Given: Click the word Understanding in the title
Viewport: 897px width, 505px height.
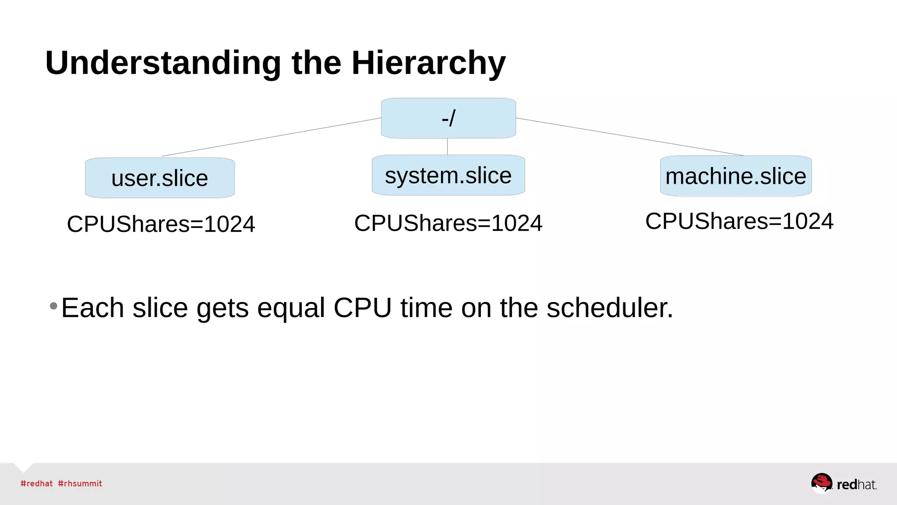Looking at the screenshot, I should [x=163, y=63].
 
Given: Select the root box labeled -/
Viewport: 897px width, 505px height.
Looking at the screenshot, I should [x=448, y=118].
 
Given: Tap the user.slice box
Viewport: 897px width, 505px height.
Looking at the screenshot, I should [x=160, y=178].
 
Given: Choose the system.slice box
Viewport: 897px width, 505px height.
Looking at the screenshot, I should [x=448, y=175].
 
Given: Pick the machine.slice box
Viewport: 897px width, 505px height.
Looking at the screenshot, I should [x=736, y=176].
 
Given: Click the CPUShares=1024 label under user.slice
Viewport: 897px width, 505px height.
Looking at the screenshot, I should [x=161, y=224].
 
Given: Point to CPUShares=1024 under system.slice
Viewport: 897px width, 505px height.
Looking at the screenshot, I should [x=448, y=223].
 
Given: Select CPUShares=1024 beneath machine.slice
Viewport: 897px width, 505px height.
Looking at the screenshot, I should [x=739, y=221].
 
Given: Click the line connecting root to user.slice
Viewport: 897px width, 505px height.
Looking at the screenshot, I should [x=272, y=137].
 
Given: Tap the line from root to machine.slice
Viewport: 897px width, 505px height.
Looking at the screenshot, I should [x=629, y=137].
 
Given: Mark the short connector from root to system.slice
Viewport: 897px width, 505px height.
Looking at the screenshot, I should [x=447, y=146].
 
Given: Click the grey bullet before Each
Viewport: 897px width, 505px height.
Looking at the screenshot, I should [x=53, y=306].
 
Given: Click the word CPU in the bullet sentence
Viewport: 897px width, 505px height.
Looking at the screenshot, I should [x=362, y=308].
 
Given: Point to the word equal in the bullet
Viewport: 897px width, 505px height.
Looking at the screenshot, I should [x=291, y=309].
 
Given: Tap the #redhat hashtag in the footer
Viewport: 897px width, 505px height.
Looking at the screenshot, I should [x=36, y=484].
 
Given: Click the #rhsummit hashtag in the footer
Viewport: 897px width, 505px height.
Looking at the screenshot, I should [x=80, y=484].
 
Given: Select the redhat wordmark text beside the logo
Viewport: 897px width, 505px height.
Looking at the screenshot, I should [x=856, y=484].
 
